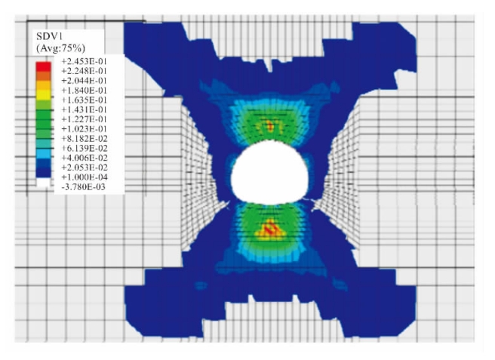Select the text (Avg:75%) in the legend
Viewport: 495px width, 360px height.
60,48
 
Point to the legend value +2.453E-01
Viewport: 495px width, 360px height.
84,61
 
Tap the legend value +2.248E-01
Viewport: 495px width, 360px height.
84,71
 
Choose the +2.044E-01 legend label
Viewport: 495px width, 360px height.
84,81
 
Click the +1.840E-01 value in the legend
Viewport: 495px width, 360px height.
84,91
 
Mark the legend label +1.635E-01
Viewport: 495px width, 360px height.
84,100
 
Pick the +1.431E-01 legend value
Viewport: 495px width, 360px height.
84,110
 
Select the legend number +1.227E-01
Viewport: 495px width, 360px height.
84,119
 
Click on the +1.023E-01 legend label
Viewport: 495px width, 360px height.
84,129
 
